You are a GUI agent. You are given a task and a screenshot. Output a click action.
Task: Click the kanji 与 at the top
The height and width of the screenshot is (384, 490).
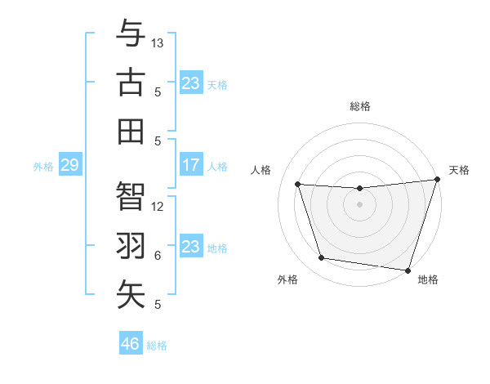coord(131,33)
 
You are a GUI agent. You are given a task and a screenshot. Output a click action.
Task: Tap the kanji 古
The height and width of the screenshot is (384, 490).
coord(131,83)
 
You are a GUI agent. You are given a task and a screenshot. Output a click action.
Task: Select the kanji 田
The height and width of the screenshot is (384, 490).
coord(131,132)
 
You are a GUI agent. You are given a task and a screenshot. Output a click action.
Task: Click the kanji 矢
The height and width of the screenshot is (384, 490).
coord(131,295)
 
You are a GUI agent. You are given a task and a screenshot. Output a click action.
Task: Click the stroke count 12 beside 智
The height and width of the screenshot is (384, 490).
coord(158,206)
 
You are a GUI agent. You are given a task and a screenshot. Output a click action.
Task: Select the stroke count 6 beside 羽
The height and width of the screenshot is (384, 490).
coord(158,256)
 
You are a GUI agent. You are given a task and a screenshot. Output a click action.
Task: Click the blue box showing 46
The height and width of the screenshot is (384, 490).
coord(131,343)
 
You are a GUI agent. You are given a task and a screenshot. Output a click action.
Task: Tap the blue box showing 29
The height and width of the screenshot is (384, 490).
coord(69,166)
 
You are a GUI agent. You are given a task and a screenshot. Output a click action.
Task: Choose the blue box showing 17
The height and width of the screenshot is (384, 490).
coord(190,166)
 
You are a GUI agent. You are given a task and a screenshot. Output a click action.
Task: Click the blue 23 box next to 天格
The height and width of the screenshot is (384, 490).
coord(190,83)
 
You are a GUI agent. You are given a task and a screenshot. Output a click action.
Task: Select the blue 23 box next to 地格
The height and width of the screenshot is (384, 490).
coord(190,247)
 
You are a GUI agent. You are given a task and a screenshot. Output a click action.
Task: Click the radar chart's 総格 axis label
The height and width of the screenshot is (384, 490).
coord(360,106)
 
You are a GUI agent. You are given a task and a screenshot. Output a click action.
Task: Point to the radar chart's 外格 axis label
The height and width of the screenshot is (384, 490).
coord(287,280)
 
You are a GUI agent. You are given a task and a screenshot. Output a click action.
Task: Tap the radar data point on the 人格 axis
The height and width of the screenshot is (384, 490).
coord(298,185)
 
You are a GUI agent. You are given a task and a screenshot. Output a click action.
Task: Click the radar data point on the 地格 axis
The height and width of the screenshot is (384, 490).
coord(408,270)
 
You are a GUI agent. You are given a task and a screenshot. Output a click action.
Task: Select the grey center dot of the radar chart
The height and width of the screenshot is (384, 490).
coord(360,204)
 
